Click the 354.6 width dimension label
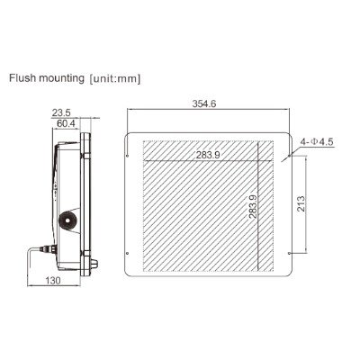tap(204, 103)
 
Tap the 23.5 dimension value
tap(61, 113)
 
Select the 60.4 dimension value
tap(66, 123)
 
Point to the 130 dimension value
tap(53, 281)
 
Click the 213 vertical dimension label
tap(301, 203)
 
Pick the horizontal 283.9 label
tap(208, 155)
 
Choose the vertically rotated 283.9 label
tap(253, 206)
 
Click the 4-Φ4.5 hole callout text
tap(317, 141)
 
